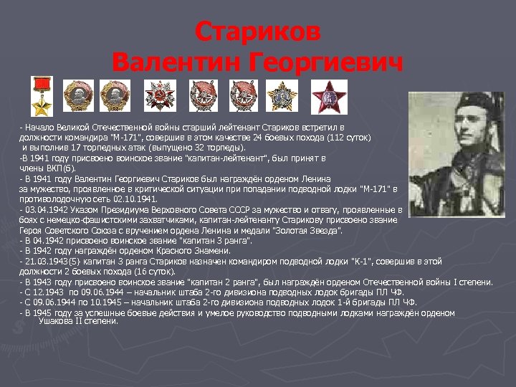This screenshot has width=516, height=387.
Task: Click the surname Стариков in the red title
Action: [x=259, y=32]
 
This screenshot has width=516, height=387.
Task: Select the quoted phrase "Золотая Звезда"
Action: [x=311, y=231]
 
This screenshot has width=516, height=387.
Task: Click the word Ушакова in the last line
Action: [x=52, y=321]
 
